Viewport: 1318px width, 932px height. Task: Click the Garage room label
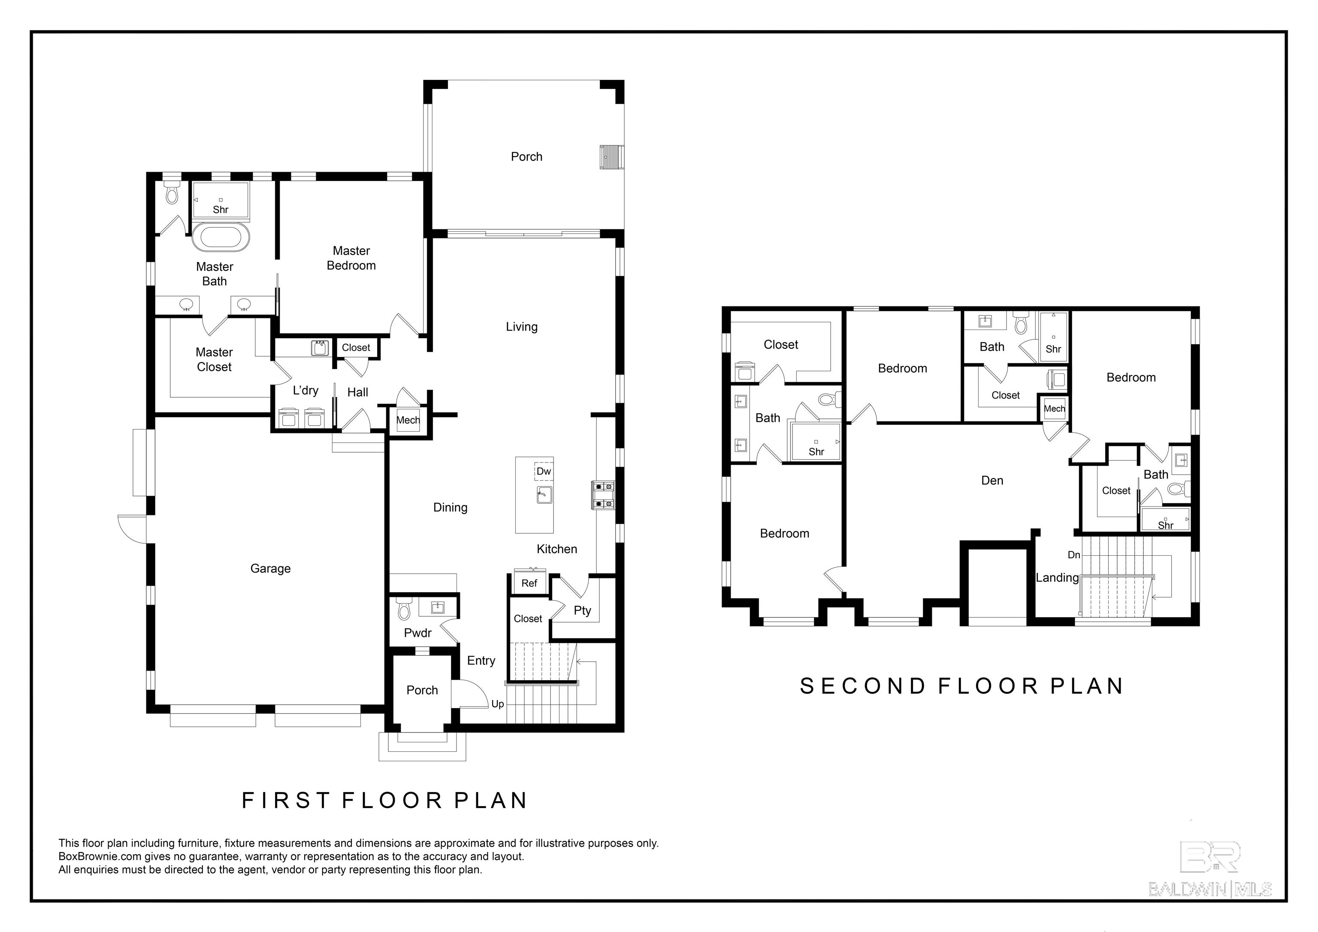click(270, 569)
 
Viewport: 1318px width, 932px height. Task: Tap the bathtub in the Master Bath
click(221, 237)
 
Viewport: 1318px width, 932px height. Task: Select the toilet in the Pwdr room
click(404, 608)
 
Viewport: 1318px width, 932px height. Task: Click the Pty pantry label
click(582, 611)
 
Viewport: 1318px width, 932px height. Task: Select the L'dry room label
click(305, 390)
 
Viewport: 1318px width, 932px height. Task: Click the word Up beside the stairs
click(498, 705)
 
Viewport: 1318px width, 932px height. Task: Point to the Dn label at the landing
click(1074, 555)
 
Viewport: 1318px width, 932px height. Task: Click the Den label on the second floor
click(992, 481)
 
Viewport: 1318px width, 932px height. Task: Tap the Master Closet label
click(214, 360)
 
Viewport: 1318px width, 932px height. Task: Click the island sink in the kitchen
click(544, 494)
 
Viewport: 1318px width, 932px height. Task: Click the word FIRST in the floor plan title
click(285, 801)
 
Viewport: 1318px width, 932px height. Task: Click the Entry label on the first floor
click(481, 661)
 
